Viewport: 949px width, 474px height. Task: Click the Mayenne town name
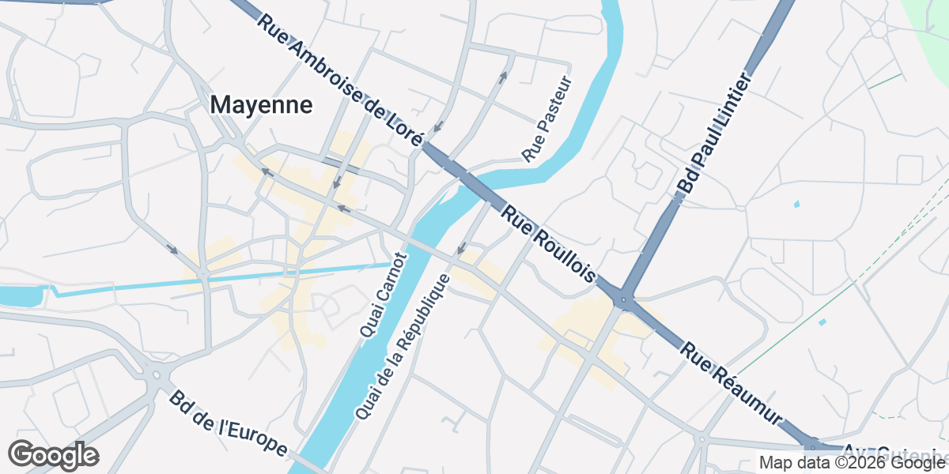(262, 105)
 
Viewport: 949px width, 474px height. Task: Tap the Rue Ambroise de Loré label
(340, 77)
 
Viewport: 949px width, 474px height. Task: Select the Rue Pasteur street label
(546, 116)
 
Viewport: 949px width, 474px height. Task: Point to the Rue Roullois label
(548, 245)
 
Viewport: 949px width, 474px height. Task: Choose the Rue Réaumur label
(732, 384)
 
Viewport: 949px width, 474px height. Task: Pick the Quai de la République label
(403, 347)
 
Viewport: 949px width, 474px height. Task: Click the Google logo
(53, 456)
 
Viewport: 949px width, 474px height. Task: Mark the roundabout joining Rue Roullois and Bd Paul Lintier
(625, 300)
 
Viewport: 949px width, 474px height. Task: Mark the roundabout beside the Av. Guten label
(812, 444)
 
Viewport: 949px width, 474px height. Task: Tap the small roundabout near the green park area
(879, 29)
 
